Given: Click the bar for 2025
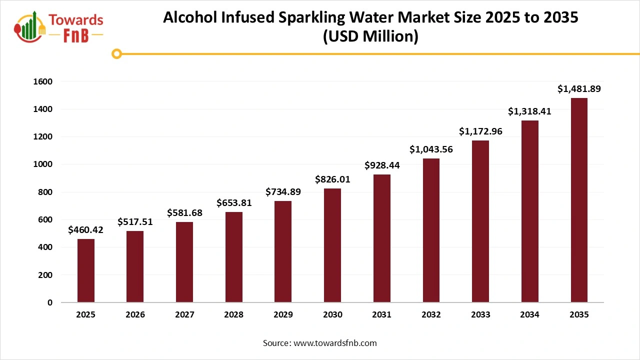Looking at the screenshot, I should [x=86, y=270].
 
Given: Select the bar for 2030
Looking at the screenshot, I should [x=332, y=245].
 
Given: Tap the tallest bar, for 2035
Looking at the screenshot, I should [x=579, y=200].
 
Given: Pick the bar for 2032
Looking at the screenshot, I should [x=431, y=230].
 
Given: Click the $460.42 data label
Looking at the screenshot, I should [x=86, y=230].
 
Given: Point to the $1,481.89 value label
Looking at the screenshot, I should [x=579, y=89].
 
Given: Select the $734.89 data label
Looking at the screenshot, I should [x=283, y=192].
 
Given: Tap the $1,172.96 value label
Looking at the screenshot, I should [x=480, y=131].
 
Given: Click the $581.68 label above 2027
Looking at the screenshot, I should [x=184, y=213].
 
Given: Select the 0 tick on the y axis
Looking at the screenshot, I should [x=50, y=302].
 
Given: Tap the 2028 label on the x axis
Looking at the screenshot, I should [x=234, y=315].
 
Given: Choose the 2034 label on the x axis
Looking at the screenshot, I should [x=529, y=315].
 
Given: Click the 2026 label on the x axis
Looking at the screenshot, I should [x=135, y=315].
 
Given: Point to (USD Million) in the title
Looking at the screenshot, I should [x=370, y=37].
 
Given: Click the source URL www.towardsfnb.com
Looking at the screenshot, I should [x=334, y=343].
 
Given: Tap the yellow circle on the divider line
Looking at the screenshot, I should [x=117, y=53].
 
